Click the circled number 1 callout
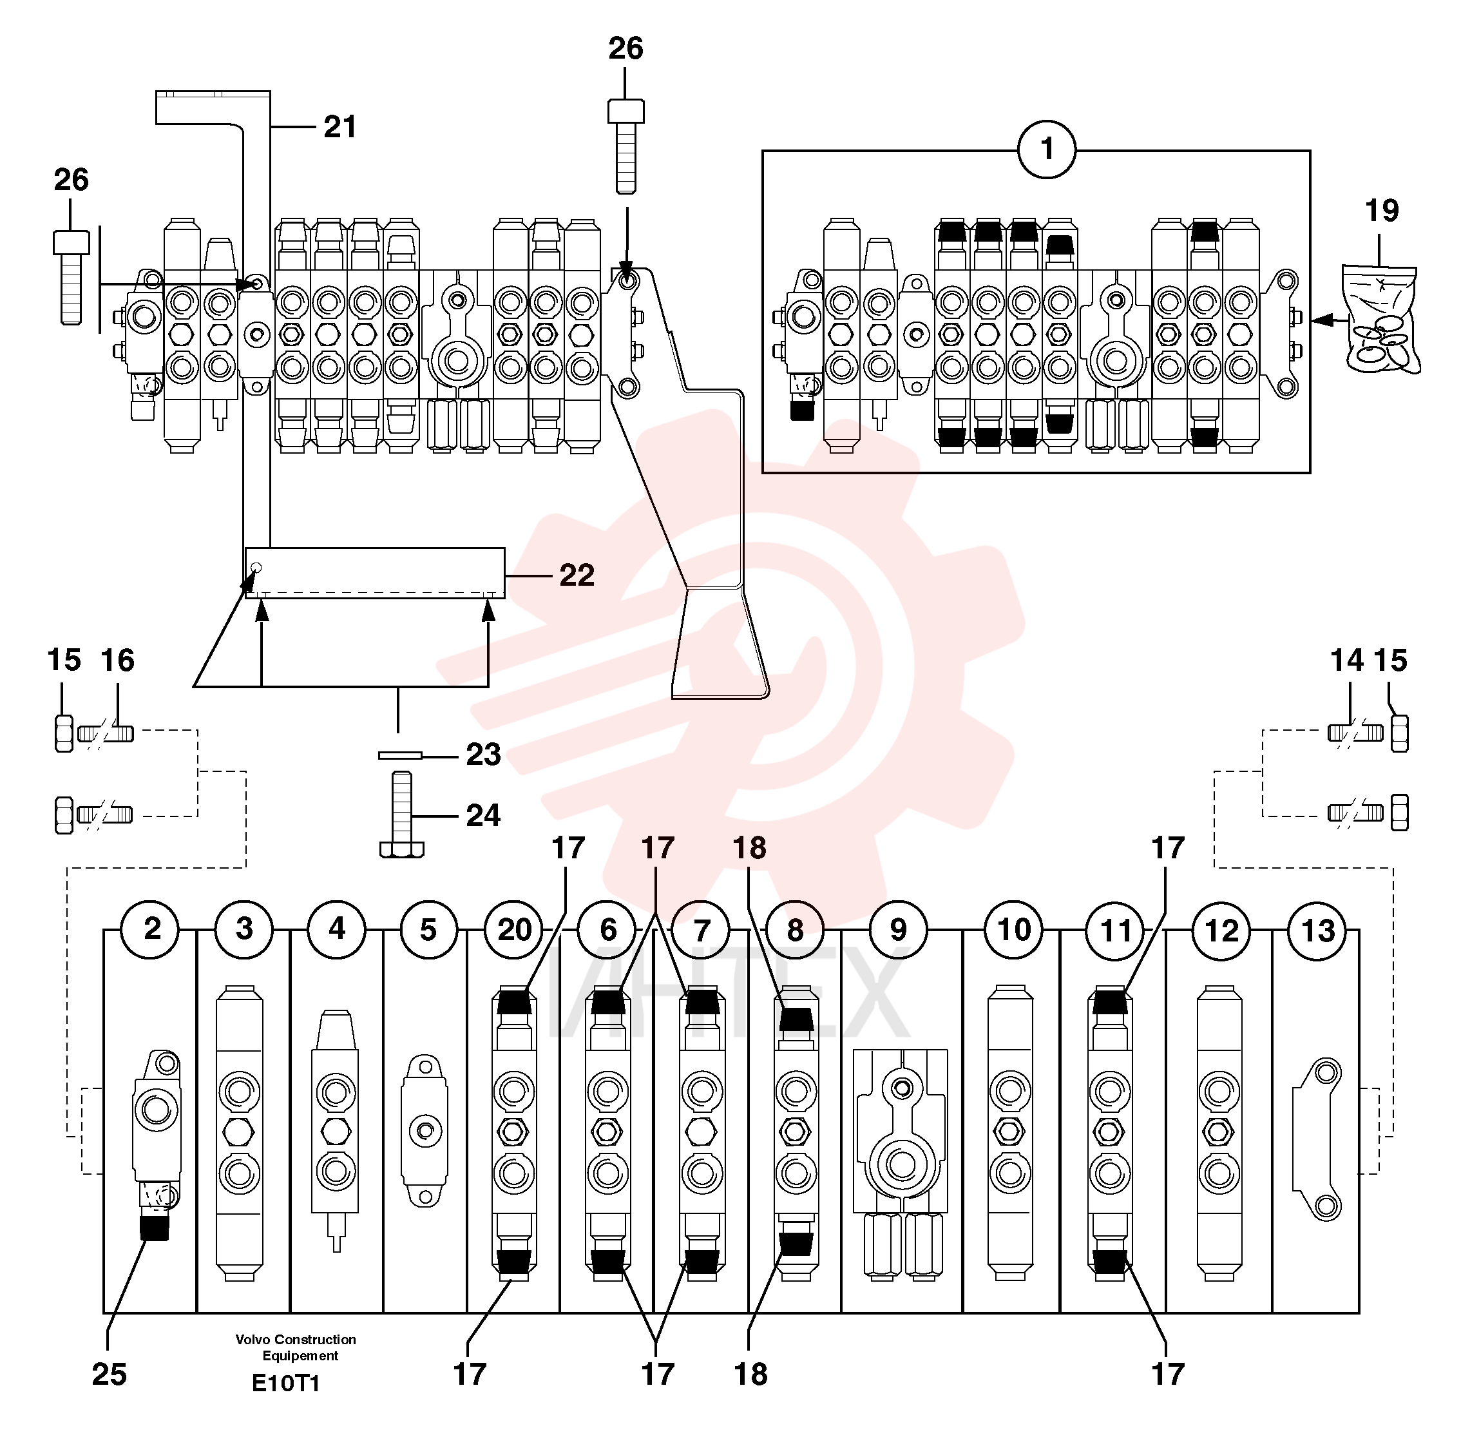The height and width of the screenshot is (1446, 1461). (x=1047, y=149)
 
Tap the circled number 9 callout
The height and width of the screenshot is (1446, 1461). (x=899, y=930)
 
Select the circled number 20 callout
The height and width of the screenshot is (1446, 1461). (x=514, y=930)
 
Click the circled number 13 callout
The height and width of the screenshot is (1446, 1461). (x=1317, y=931)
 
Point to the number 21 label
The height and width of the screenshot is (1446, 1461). (x=340, y=126)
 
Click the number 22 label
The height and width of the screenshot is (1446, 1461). (x=577, y=575)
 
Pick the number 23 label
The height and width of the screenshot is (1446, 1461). (x=483, y=755)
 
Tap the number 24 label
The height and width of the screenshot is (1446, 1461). (x=483, y=815)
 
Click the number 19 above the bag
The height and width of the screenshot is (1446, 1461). (x=1382, y=210)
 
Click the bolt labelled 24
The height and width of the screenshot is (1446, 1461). (x=401, y=815)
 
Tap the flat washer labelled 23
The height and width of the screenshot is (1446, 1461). (x=400, y=755)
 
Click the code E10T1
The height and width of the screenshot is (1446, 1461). (x=286, y=1384)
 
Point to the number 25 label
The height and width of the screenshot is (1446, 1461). (x=109, y=1375)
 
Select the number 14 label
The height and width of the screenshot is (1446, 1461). (x=1347, y=661)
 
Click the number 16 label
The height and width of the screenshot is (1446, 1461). (x=118, y=661)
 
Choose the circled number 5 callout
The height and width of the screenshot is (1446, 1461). (x=428, y=930)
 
